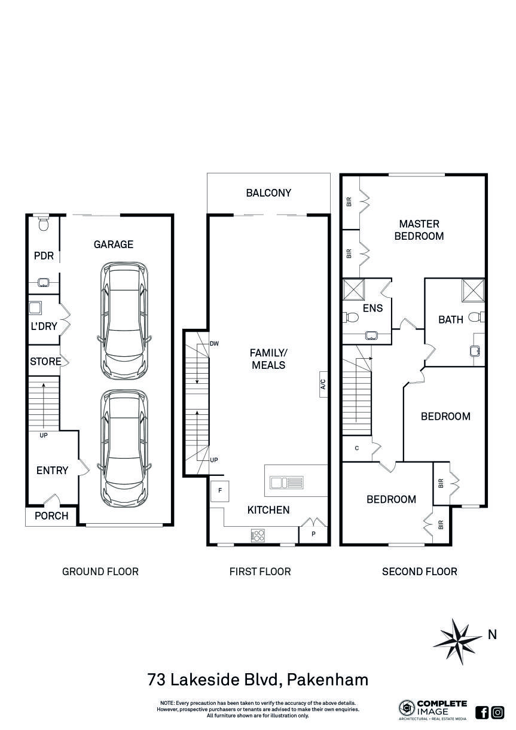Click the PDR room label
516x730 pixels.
(x=44, y=256)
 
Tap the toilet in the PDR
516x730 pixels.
(x=43, y=224)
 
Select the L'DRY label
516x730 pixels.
(x=44, y=326)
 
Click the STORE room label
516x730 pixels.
(x=45, y=362)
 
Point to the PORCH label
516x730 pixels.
(x=51, y=516)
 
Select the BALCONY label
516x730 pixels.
(x=268, y=193)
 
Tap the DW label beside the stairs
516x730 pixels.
(x=214, y=344)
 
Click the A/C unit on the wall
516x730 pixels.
(x=323, y=384)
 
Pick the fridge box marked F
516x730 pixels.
(x=219, y=491)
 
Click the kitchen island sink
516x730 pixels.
(x=286, y=482)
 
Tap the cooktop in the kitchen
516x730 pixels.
(x=258, y=535)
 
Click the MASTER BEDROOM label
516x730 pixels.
(x=419, y=230)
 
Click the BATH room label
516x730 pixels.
(x=450, y=320)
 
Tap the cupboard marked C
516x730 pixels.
(x=356, y=448)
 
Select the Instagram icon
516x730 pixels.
(x=497, y=712)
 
